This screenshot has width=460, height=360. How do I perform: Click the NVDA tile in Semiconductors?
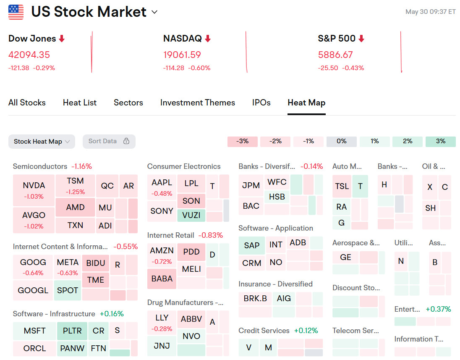34,190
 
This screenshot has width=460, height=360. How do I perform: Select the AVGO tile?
34,219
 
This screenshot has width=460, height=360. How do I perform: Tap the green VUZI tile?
191,215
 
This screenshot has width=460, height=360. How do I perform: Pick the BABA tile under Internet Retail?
162,279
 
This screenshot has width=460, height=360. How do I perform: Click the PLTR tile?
72,331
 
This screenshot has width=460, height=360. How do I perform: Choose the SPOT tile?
68,290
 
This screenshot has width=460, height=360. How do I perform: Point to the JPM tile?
251,185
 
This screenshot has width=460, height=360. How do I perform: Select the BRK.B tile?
255,298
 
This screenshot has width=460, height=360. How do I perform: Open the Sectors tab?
128,102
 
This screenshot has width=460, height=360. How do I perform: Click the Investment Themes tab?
197,102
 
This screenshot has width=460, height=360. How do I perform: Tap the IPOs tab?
261,102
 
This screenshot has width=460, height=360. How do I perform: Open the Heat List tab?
80,102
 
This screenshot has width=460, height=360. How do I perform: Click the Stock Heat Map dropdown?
42,142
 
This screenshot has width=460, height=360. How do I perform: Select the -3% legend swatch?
243,141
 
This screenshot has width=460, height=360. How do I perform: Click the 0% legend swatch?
341,141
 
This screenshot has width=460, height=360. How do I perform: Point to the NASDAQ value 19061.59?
182,55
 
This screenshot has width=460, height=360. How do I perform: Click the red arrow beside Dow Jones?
62,39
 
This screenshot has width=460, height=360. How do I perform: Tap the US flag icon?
16,12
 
